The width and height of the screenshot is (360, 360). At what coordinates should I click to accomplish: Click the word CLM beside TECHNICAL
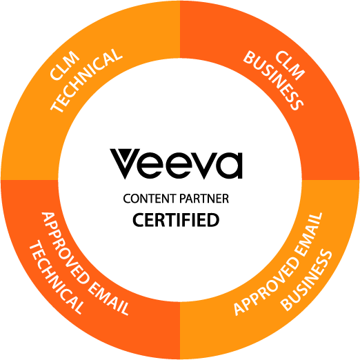click(65, 66)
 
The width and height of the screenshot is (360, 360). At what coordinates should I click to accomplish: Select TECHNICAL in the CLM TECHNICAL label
click(86, 81)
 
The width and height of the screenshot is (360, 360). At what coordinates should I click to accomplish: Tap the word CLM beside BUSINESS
click(290, 66)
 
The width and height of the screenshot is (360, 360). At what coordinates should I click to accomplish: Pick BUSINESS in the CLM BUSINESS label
click(273, 81)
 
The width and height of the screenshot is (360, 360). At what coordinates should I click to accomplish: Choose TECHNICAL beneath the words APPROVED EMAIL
click(56, 279)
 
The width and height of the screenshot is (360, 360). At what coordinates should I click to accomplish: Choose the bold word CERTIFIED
click(176, 220)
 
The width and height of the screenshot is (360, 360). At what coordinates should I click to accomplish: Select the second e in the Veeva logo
click(179, 165)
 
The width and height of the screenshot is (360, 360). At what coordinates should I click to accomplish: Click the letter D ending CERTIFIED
click(213, 220)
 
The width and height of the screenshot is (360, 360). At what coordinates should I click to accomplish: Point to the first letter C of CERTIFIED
click(138, 220)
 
